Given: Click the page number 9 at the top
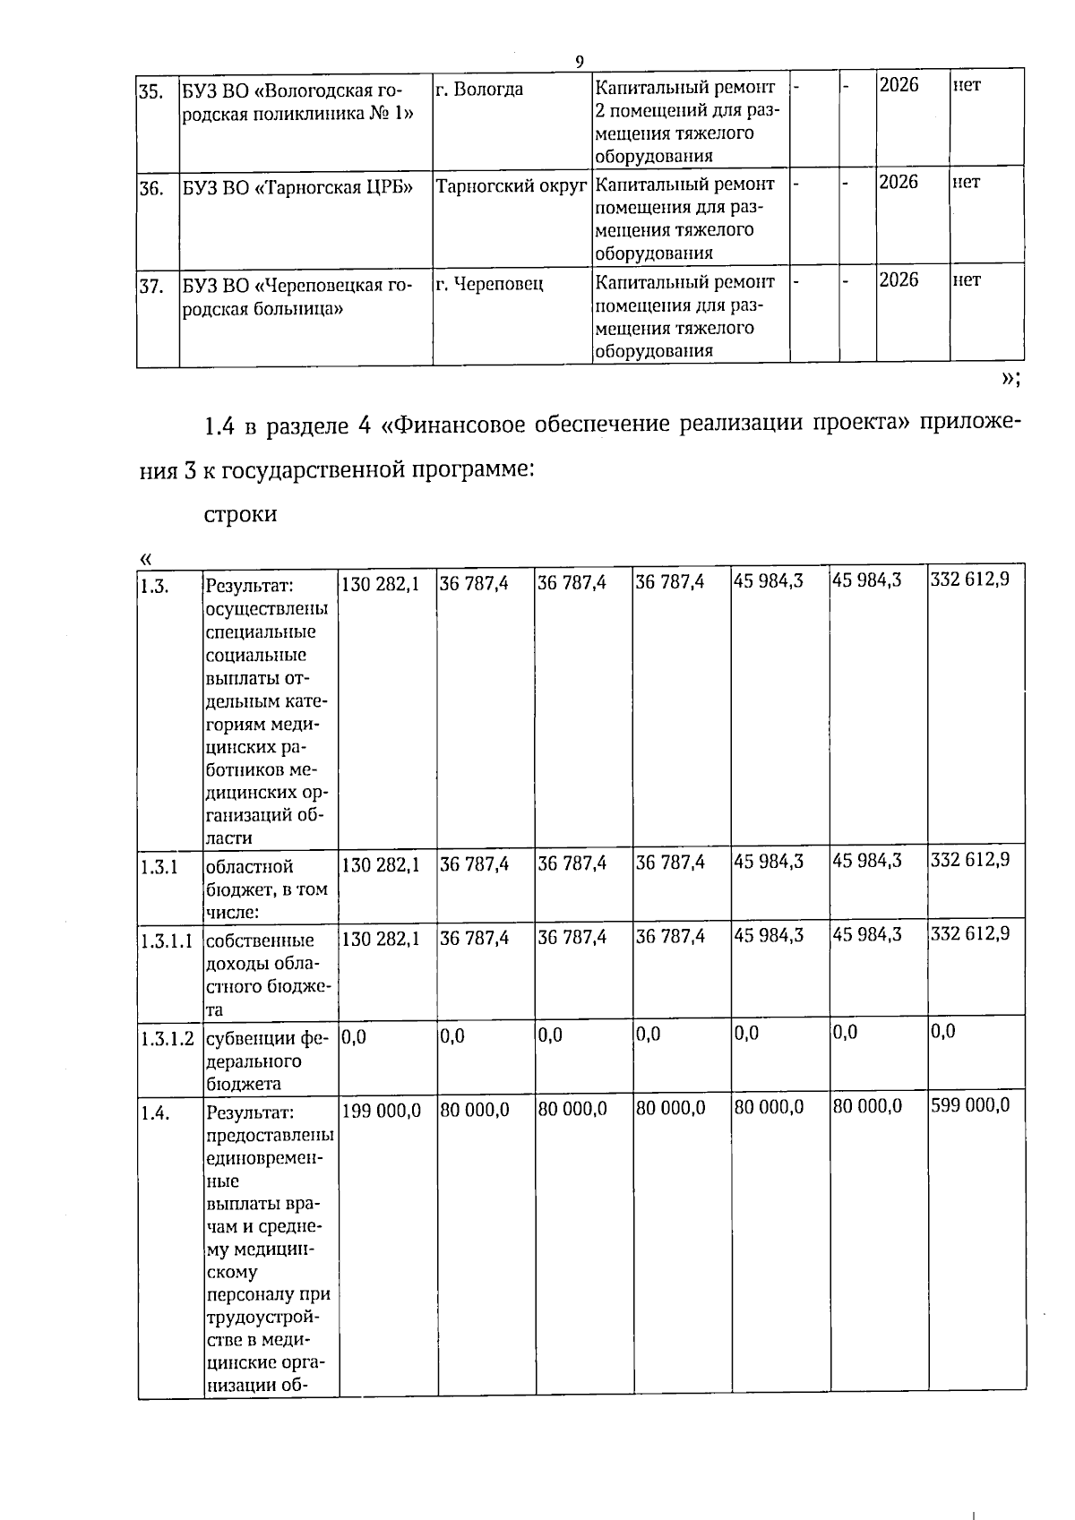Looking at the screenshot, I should point(580,61).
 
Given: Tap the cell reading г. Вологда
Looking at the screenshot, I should point(479,90).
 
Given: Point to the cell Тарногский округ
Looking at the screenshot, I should point(511,186).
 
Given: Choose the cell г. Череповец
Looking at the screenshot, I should point(489,285).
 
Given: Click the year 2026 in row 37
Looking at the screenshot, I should point(899,280).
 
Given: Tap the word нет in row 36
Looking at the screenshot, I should point(967,183).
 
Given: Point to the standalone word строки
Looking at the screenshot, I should point(241,515).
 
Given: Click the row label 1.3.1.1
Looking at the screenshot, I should point(167,941).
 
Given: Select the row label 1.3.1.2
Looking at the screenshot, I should point(168,1039).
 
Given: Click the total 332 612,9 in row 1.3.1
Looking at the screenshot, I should point(970,860).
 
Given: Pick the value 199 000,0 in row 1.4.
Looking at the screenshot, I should point(381,1110).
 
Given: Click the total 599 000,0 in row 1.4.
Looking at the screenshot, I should point(970,1105).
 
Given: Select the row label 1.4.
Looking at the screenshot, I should point(153,1113).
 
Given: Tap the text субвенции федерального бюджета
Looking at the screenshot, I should point(268,1061).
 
